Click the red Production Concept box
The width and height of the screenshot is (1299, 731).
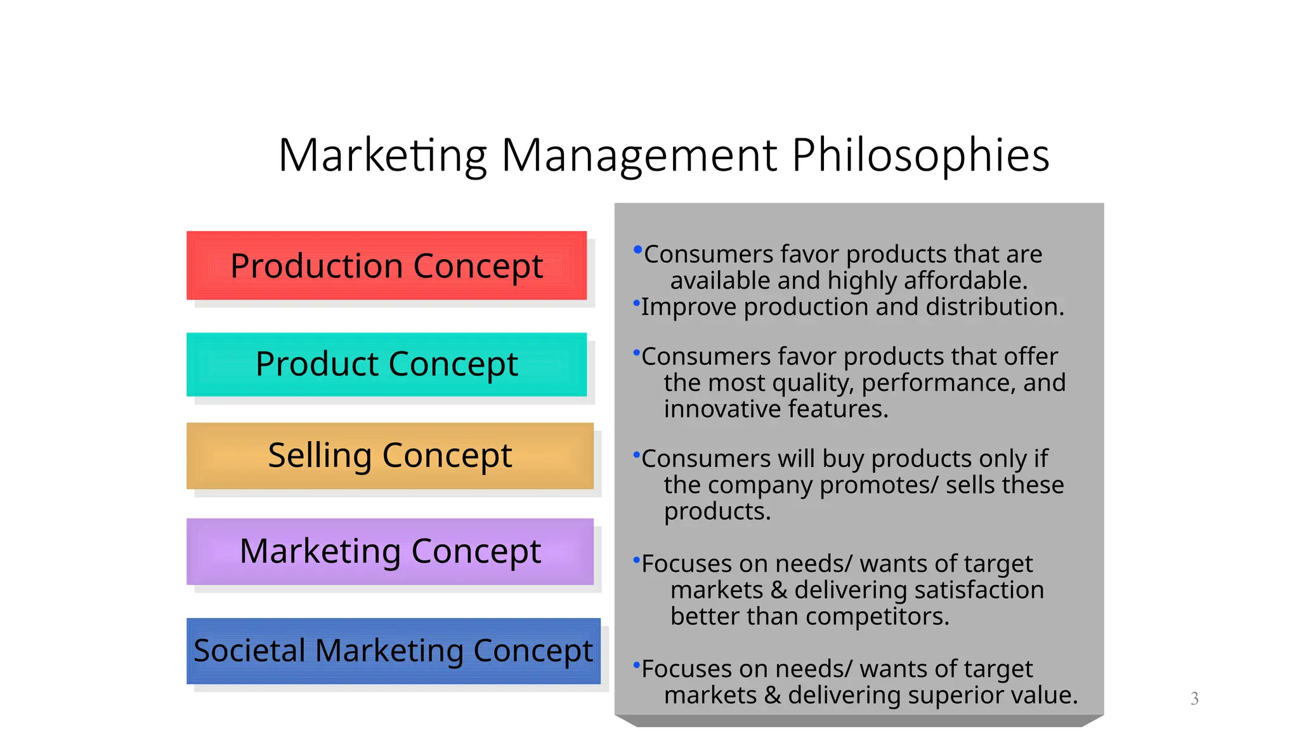pyautogui.click(x=386, y=265)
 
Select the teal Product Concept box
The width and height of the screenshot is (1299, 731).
pyautogui.click(x=386, y=364)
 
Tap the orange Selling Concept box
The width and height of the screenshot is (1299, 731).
pyautogui.click(x=389, y=456)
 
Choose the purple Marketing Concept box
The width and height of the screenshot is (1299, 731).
pyautogui.click(x=389, y=551)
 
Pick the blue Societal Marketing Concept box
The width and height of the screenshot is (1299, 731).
pyautogui.click(x=393, y=650)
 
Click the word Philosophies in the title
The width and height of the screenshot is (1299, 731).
pyautogui.click(x=920, y=155)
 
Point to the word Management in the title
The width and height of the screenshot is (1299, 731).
pyautogui.click(x=639, y=155)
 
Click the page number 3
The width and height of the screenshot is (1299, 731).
pyautogui.click(x=1194, y=699)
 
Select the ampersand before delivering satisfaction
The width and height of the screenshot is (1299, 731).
pyautogui.click(x=779, y=591)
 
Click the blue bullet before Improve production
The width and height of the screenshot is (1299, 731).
pyautogui.click(x=636, y=303)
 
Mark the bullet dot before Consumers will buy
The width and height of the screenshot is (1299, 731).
pyautogui.click(x=636, y=454)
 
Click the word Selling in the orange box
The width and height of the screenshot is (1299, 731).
pyautogui.click(x=320, y=456)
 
